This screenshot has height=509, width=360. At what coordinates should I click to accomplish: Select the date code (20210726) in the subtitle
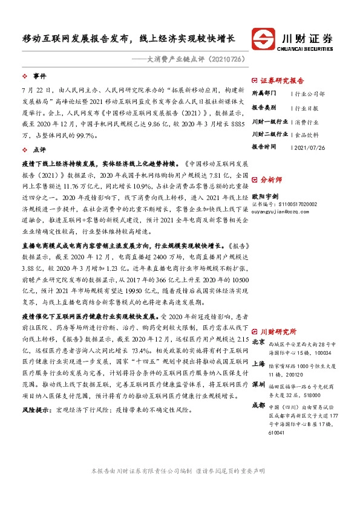pos(209,61)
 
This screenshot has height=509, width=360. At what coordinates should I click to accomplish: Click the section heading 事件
pos(40,77)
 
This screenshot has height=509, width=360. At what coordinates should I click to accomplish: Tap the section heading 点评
pos(40,148)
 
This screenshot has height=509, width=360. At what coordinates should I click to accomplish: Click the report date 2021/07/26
pos(309,147)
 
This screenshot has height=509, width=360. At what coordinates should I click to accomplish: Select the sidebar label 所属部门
pos(264,94)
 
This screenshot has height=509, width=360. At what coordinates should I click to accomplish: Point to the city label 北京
pos(258,342)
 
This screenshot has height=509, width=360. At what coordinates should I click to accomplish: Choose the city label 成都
pos(258,404)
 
